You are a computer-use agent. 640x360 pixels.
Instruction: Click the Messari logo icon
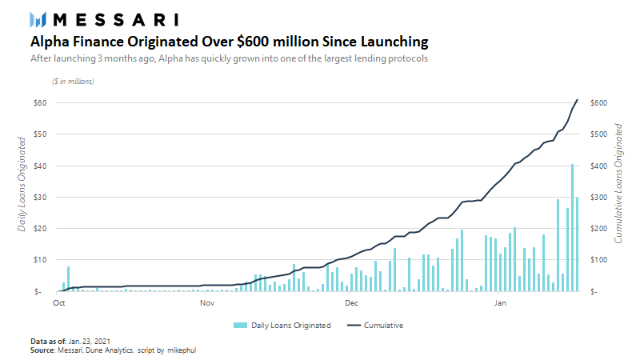[x=38, y=19]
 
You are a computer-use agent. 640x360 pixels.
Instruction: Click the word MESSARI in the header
[x=116, y=19]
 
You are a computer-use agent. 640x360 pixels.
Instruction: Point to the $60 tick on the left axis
[x=38, y=103]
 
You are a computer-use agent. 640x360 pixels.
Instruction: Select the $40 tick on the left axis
[x=38, y=166]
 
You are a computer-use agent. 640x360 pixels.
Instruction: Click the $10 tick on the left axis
[x=38, y=260]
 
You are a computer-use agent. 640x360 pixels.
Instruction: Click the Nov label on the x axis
[x=206, y=304]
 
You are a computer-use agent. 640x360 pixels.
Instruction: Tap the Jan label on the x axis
[x=500, y=304]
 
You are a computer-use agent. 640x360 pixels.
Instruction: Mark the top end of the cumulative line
[x=577, y=100]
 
